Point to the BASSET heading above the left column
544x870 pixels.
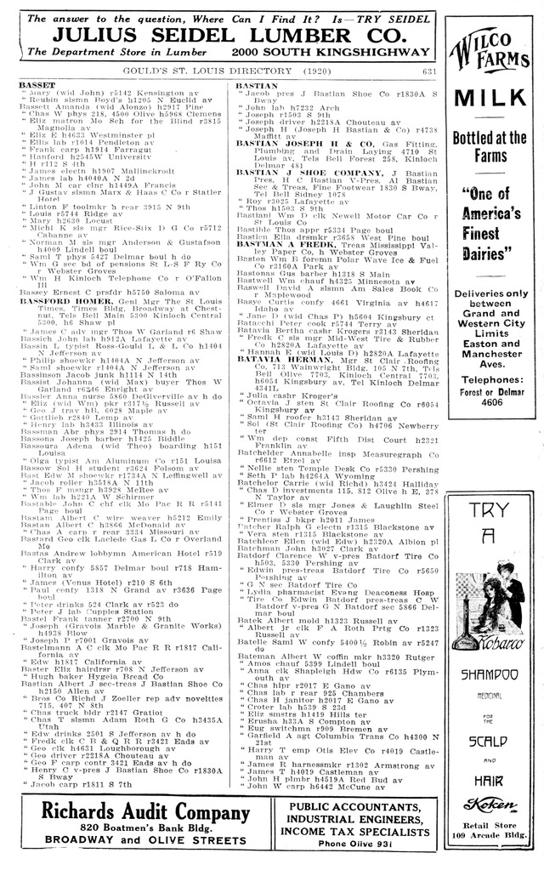pyautogui.click(x=37, y=87)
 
